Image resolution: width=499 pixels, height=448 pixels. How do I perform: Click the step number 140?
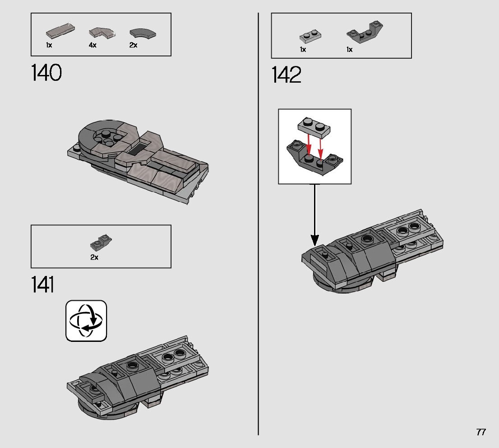tap(46, 73)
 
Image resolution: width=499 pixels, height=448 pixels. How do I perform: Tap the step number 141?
tap(42, 285)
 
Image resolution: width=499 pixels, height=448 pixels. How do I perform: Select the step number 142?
tap(286, 75)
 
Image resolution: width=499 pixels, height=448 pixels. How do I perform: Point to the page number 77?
tap(481, 432)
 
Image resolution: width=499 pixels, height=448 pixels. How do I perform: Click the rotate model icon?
tap(86, 321)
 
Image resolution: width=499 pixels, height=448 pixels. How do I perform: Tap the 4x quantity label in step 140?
tap(92, 45)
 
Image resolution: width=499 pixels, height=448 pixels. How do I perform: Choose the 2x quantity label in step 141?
tap(94, 257)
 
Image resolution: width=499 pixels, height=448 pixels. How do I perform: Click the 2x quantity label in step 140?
tap(133, 45)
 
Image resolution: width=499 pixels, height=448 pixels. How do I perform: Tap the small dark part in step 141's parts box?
tap(101, 243)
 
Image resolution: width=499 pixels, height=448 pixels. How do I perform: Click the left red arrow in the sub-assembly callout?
tap(309, 144)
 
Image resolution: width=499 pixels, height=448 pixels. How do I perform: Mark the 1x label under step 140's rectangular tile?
tap(49, 45)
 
